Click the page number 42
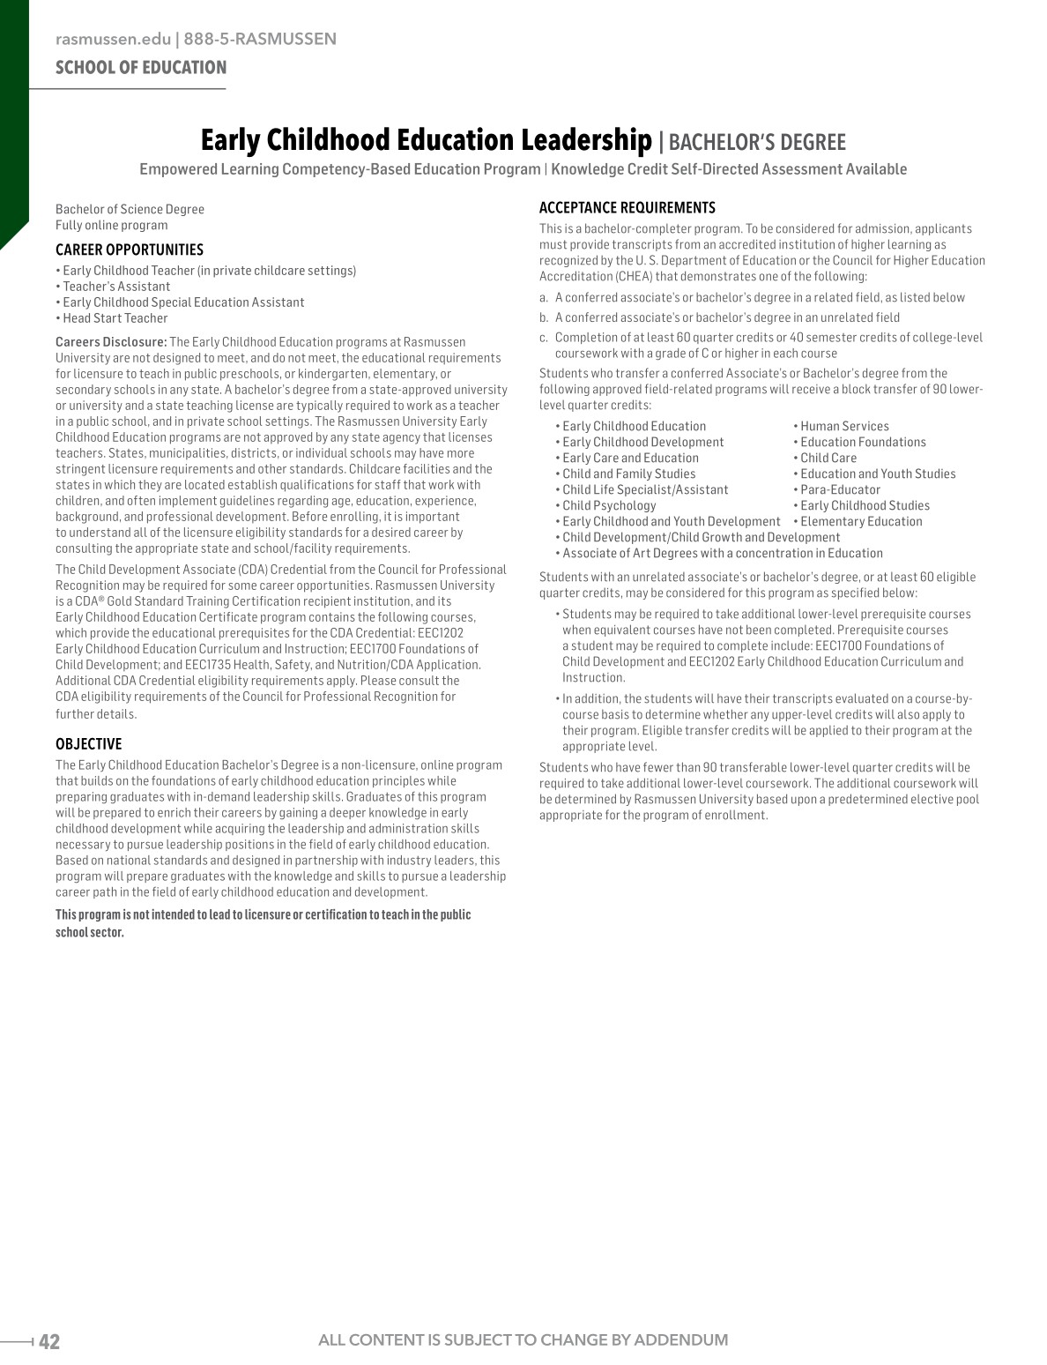click(x=49, y=1341)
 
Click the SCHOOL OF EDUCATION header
click(x=141, y=68)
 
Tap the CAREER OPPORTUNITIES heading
click(x=130, y=250)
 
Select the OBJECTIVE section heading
click(x=88, y=743)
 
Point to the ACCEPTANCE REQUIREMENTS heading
click(x=627, y=208)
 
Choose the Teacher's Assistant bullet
click(x=116, y=287)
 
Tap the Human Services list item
click(x=844, y=426)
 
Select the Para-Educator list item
click(x=840, y=489)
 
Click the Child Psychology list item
click(x=609, y=505)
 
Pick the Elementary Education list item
click(x=861, y=521)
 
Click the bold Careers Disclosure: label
click(x=111, y=341)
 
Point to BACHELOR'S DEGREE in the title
click(x=757, y=143)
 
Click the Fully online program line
click(x=112, y=225)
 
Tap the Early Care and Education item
click(x=630, y=458)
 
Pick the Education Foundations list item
click(x=863, y=442)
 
